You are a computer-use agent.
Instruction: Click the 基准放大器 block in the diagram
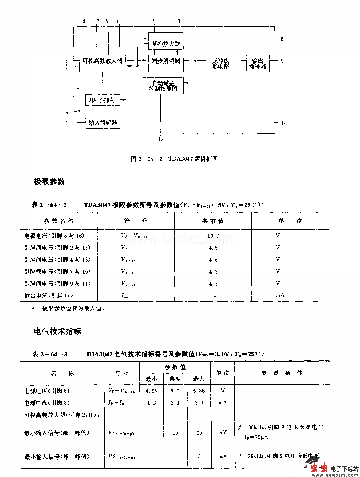[x=166, y=44]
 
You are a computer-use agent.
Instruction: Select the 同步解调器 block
[x=166, y=61]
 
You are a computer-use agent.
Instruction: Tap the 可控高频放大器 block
[x=103, y=61]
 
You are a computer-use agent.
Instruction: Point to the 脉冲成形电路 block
[x=221, y=64]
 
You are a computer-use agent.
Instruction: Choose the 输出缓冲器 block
[x=258, y=64]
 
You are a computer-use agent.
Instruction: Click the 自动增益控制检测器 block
[x=163, y=86]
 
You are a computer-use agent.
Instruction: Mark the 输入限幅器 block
[x=103, y=123]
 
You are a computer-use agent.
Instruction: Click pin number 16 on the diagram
[x=284, y=123]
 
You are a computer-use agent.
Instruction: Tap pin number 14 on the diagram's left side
[x=66, y=111]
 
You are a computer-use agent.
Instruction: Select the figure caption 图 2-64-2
[x=174, y=159]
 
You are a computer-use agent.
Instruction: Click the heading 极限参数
[x=49, y=182]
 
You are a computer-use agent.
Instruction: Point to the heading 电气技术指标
[x=57, y=331]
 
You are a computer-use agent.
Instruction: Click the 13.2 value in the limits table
[x=213, y=236]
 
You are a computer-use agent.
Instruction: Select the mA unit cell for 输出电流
[x=280, y=295]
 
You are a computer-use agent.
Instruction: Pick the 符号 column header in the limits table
[x=136, y=221]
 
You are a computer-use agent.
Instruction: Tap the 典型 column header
[x=175, y=379]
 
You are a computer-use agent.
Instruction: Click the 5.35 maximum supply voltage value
[x=199, y=391]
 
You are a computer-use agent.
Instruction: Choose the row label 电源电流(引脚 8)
[x=47, y=403]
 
